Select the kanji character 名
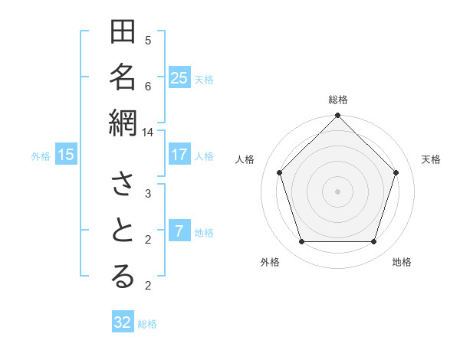(x=123, y=78)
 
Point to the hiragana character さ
(x=123, y=185)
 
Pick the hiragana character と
(x=123, y=231)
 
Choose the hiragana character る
(x=123, y=277)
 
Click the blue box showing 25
(x=179, y=78)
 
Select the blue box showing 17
(x=179, y=155)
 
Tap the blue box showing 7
(x=179, y=231)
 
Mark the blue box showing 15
(x=66, y=155)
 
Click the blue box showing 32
(x=123, y=322)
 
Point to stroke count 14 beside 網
(x=147, y=132)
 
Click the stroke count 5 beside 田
(x=148, y=40)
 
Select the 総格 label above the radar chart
(x=338, y=100)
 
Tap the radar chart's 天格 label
(x=432, y=159)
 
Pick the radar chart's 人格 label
(x=245, y=159)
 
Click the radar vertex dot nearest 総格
(x=338, y=117)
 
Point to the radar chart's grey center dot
(x=338, y=191)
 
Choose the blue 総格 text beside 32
(x=147, y=324)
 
